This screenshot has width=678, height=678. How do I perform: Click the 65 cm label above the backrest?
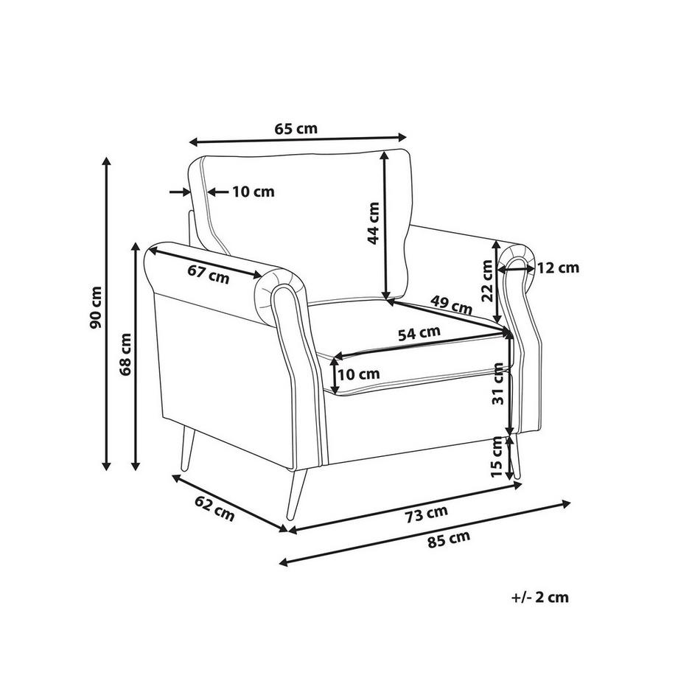[x=296, y=128]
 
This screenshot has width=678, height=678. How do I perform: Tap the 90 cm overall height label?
[x=96, y=307]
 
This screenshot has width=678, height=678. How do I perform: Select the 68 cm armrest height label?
[x=125, y=354]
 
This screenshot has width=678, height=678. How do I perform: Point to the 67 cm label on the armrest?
[x=209, y=274]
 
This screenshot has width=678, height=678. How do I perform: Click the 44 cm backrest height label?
[x=373, y=223]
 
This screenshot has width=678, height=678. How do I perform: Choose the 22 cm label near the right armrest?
[x=487, y=281]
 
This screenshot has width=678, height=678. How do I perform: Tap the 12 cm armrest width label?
[x=558, y=268]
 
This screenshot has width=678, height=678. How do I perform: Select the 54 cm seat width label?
[x=419, y=333]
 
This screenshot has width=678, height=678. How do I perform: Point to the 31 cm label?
[x=498, y=384]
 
